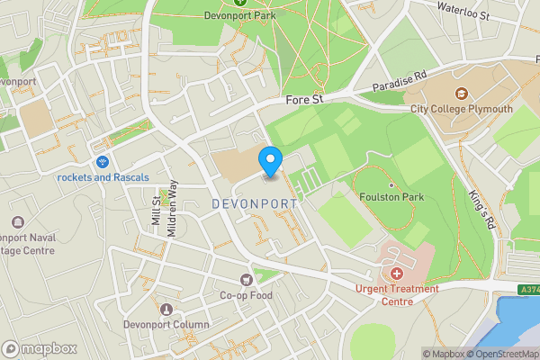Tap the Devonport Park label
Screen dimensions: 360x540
pyautogui.click(x=240, y=15)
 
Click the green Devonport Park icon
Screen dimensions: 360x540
pyautogui.click(x=240, y=2)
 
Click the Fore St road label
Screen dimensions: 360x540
pyautogui.click(x=303, y=101)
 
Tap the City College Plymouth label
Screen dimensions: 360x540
pyautogui.click(x=461, y=109)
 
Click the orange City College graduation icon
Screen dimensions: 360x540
pyautogui.click(x=461, y=93)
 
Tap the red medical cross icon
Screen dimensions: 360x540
pyautogui.click(x=396, y=272)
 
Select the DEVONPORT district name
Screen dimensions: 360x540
pyautogui.click(x=254, y=204)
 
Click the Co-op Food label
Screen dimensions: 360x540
pyautogui.click(x=246, y=295)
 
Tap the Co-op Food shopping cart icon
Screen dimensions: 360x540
pyautogui.click(x=246, y=280)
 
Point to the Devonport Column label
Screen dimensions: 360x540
pyautogui.click(x=166, y=325)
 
